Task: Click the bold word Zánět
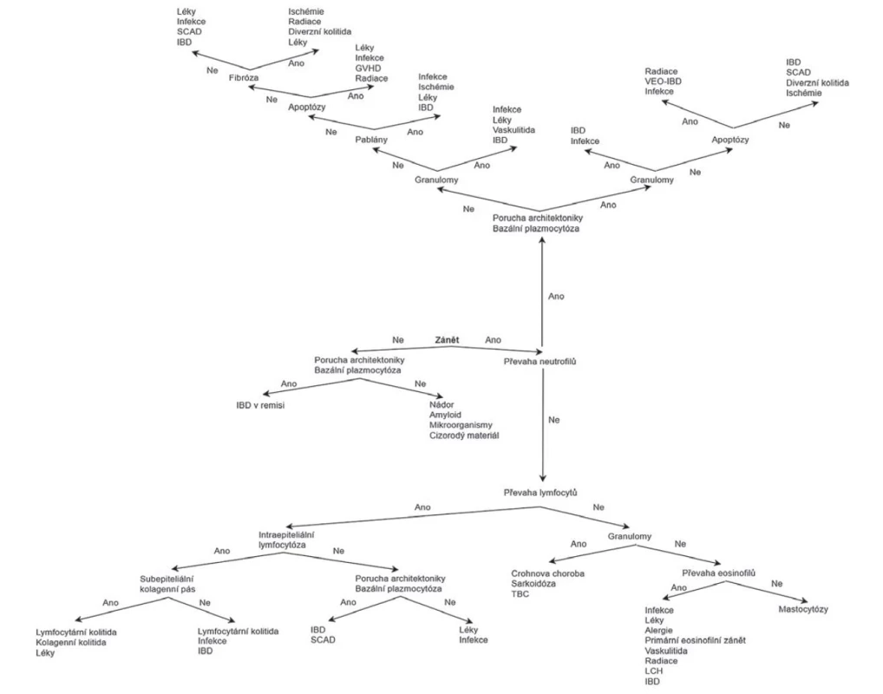pos(447,340)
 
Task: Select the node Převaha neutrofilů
pos(540,362)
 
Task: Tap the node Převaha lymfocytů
pos(540,493)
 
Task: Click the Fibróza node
pos(244,78)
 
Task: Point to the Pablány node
pos(371,140)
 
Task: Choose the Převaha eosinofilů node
pos(718,573)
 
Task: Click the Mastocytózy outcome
pos(803,609)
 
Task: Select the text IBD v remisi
pos(260,405)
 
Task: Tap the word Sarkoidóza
pos(533,584)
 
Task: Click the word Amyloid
pos(446,416)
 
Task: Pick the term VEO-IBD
pos(664,82)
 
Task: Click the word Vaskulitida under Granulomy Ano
pos(514,130)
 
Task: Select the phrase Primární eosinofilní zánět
pos(696,640)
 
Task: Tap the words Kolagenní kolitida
pos(71,642)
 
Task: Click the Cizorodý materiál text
pos(464,435)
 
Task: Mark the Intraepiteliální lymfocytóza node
pos(286,540)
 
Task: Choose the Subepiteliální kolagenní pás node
pos(167,584)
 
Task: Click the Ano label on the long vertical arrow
pos(556,297)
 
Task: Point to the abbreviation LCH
pos(654,671)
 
